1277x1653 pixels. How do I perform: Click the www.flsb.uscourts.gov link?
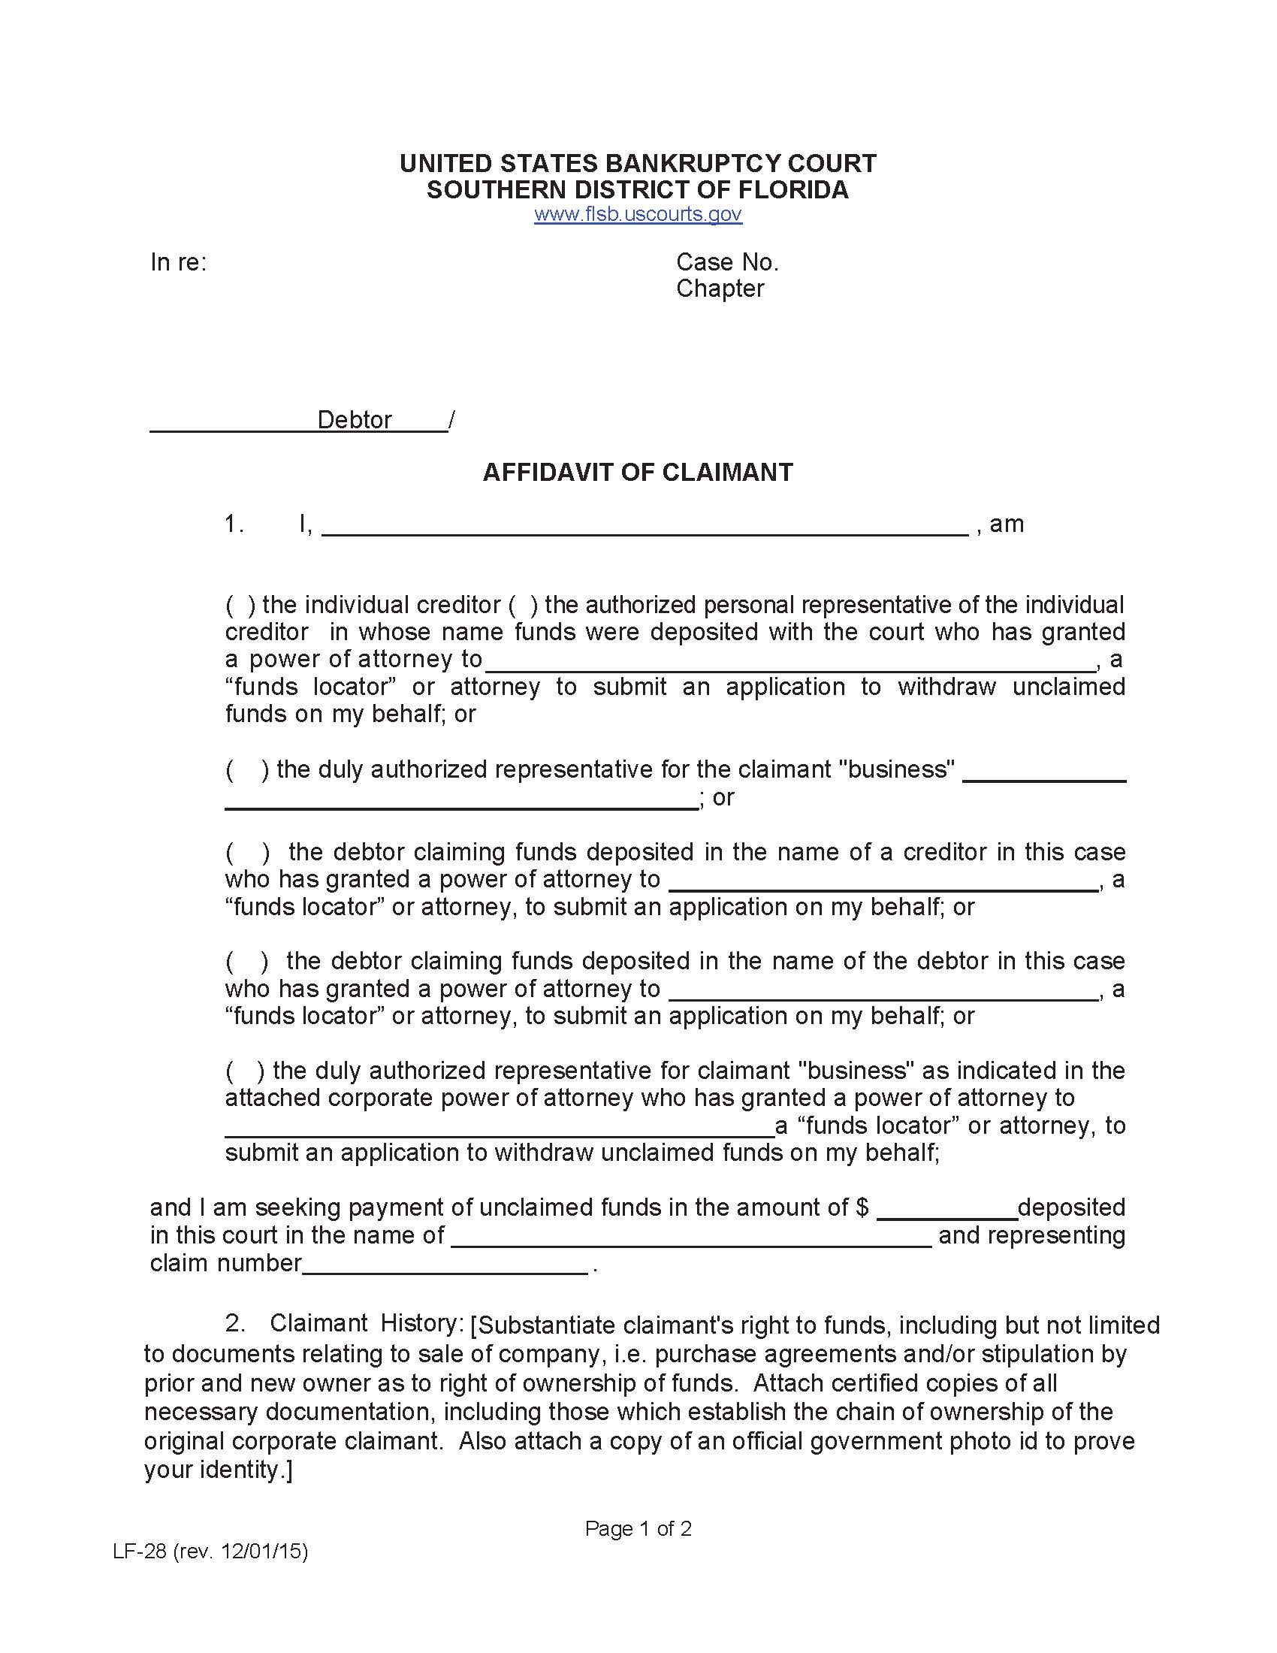(x=638, y=214)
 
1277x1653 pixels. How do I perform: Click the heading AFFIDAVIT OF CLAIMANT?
(x=638, y=473)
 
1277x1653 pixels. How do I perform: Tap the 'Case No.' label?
(x=727, y=262)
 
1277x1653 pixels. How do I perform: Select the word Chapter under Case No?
(x=720, y=289)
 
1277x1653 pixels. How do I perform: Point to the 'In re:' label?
(x=179, y=262)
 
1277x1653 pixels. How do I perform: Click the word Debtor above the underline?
(x=354, y=419)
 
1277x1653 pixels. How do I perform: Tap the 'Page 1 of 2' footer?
(x=638, y=1529)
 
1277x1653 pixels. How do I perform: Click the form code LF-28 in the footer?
(x=139, y=1552)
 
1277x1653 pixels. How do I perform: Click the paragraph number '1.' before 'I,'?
(x=234, y=524)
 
